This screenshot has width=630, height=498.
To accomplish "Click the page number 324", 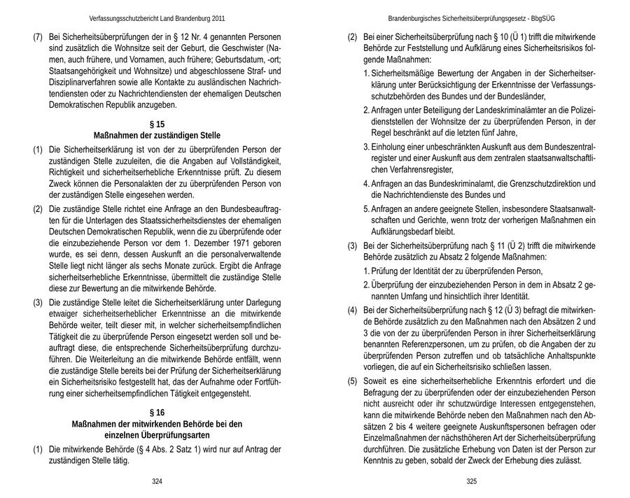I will [157, 482].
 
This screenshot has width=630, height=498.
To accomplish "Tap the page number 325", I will [471, 482].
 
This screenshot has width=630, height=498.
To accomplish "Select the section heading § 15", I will [157, 124].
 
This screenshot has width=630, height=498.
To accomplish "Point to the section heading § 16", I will [157, 412].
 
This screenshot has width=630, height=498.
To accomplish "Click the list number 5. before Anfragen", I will [367, 208].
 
